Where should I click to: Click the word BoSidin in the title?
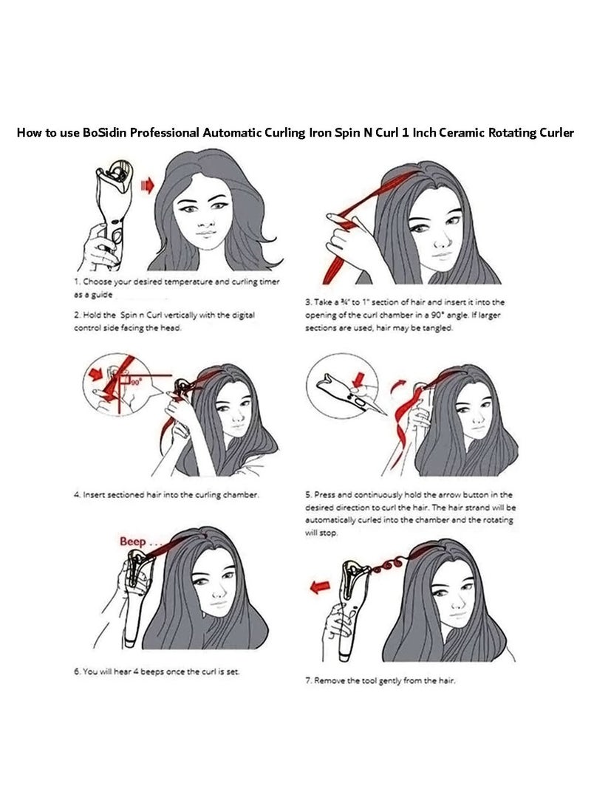(x=104, y=133)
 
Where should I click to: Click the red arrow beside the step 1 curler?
(x=148, y=185)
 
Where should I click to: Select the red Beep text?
(x=133, y=542)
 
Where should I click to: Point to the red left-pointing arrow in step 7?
(x=320, y=587)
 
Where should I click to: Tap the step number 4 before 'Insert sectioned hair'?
(x=77, y=494)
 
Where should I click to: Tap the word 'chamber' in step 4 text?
(x=240, y=494)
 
